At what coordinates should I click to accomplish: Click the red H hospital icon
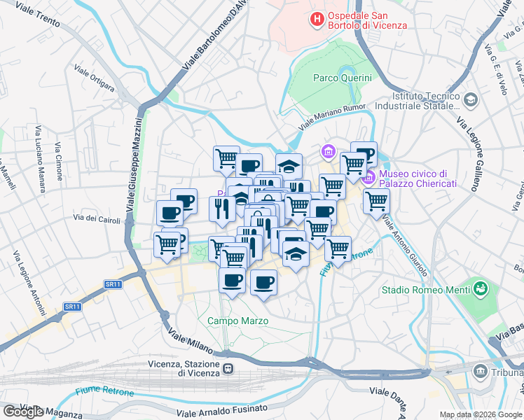[x=317, y=20]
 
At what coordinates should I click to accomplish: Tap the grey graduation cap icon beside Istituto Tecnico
[x=470, y=101]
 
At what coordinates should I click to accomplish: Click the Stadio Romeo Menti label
[x=425, y=289]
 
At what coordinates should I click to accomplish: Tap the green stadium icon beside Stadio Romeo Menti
[x=480, y=288]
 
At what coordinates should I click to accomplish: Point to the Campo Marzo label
[x=237, y=321]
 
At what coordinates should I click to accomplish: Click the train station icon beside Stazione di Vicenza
[x=228, y=368]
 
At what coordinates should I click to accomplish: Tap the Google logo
[x=22, y=411]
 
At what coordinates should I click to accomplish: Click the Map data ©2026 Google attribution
[x=481, y=414]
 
